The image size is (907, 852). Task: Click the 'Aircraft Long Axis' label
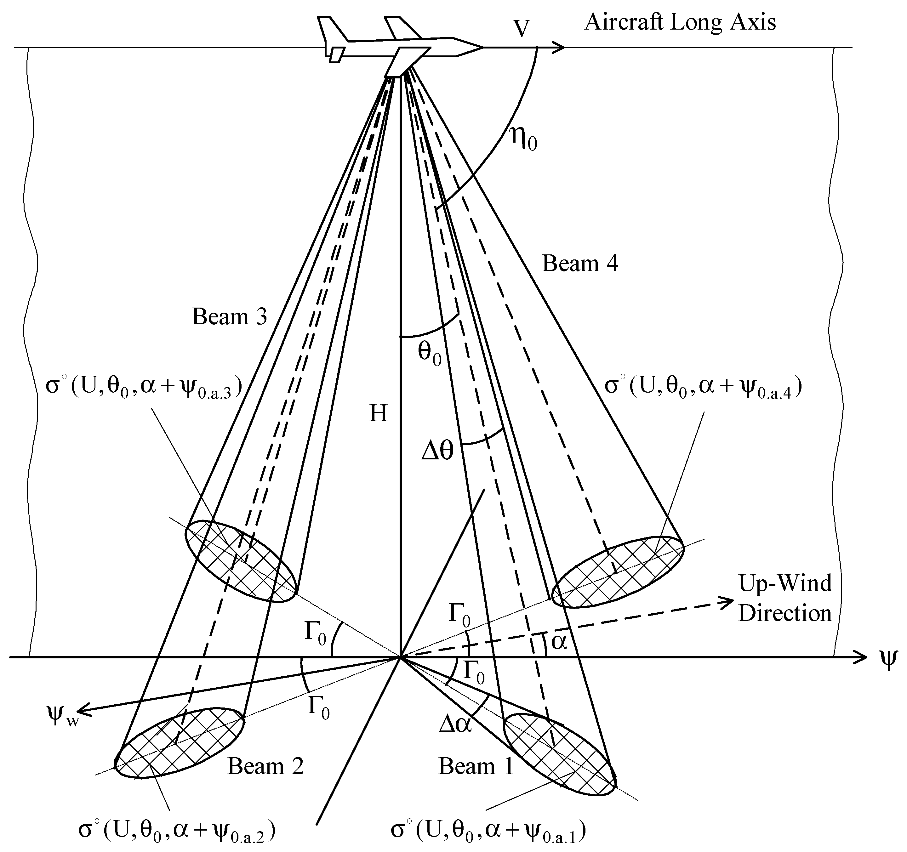[680, 22]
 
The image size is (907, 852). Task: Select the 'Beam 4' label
[580, 264]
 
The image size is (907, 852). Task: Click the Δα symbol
[455, 724]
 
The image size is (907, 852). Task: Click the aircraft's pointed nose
[481, 47]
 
